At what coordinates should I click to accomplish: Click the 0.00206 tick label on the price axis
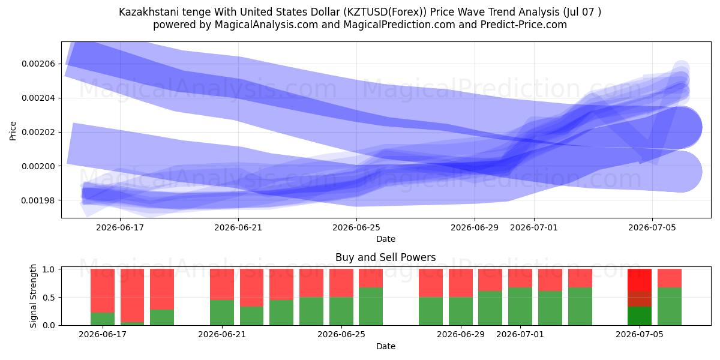[38, 64]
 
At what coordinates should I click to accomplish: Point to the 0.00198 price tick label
[38, 200]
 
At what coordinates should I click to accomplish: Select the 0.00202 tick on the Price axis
[38, 132]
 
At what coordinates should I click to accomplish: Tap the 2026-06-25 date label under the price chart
[356, 227]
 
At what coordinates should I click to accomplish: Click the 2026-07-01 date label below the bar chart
[520, 334]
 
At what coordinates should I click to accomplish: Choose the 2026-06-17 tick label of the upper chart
[120, 227]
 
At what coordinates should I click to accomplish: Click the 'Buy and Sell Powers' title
[385, 257]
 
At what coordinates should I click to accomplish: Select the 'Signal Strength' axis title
[33, 296]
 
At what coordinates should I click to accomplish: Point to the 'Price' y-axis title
[13, 131]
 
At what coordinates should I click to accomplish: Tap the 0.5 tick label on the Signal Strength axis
[49, 298]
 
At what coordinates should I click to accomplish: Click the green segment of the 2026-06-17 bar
[103, 319]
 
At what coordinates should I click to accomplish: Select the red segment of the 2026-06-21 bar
[222, 284]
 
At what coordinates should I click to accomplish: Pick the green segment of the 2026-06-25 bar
[341, 311]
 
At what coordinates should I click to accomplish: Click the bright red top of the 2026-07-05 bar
[640, 280]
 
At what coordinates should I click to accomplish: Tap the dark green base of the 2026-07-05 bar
[640, 316]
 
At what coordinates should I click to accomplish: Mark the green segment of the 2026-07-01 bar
[520, 307]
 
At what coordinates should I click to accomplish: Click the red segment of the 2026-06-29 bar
[461, 283]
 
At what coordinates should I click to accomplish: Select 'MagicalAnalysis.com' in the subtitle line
[266, 25]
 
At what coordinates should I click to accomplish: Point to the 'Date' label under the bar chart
[386, 346]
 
